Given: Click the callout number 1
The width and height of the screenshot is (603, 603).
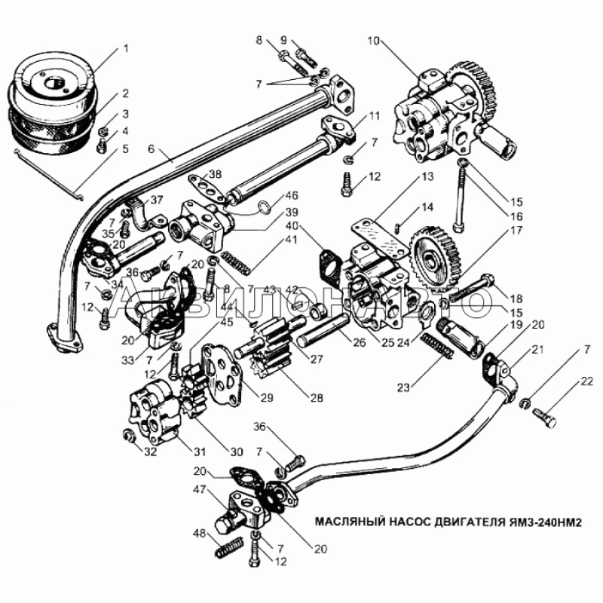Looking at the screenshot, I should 126,49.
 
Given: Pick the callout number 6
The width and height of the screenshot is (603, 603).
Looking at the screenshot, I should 151,149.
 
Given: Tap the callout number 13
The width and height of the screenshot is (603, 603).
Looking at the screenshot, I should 428,177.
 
